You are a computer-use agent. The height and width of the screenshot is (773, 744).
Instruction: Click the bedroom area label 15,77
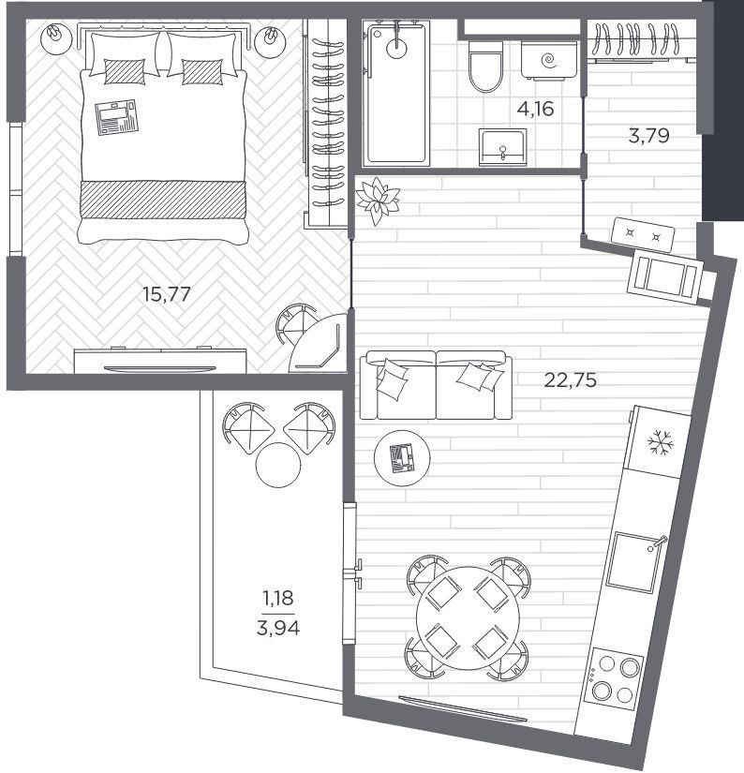(166, 294)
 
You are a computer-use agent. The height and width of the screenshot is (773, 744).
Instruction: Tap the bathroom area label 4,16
(535, 109)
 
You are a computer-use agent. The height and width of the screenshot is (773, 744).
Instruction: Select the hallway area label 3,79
(648, 135)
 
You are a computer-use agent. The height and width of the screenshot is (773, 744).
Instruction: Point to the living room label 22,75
(570, 380)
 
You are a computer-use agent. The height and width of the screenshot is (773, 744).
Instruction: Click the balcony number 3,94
(278, 628)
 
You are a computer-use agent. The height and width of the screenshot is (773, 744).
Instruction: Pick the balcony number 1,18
(278, 598)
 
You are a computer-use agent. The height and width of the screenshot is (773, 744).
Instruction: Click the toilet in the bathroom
(486, 67)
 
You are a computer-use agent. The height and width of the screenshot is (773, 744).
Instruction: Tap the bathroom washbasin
(502, 147)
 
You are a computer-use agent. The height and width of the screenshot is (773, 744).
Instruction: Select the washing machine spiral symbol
(549, 61)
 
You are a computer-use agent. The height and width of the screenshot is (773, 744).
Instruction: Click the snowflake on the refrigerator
(660, 442)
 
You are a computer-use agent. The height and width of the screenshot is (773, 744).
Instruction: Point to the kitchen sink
(635, 563)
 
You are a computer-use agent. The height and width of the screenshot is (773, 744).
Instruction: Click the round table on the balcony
(278, 465)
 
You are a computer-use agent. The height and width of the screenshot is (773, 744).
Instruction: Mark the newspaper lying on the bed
(117, 117)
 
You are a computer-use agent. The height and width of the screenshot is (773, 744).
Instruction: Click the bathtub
(396, 92)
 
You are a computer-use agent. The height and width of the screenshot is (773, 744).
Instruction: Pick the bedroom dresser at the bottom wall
(160, 360)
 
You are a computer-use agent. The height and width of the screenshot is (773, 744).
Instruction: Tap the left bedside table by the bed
(55, 39)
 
